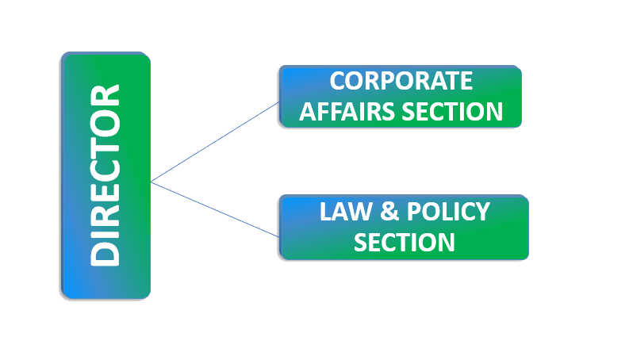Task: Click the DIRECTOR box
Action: tap(105, 175)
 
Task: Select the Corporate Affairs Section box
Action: tap(401, 97)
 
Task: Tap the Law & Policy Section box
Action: tap(404, 227)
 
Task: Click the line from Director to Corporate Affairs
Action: tap(214, 142)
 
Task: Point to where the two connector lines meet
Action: tap(151, 182)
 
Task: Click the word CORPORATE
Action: tap(401, 82)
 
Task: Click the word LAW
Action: tap(345, 213)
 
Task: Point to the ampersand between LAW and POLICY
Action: tap(389, 213)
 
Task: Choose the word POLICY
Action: tap(447, 213)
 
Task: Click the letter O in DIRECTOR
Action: tap(105, 120)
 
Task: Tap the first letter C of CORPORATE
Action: tap(338, 82)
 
